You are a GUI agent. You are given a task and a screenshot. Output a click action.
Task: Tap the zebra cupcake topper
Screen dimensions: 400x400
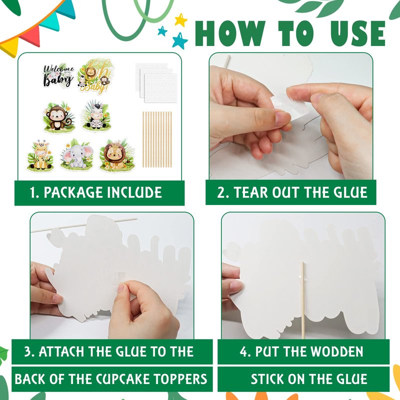pos(96,116)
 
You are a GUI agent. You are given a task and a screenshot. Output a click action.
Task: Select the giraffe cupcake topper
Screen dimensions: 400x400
pos(40,155)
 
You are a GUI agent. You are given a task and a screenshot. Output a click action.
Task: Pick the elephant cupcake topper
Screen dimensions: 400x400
pos(77,155)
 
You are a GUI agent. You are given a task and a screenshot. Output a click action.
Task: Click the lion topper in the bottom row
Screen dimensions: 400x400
pos(117,155)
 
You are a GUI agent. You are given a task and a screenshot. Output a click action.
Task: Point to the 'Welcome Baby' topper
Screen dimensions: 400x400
pos(58,76)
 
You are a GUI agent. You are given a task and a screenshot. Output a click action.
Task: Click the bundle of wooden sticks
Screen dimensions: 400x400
pos(157,139)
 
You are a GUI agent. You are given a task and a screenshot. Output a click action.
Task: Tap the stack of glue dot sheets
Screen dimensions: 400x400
pos(156,82)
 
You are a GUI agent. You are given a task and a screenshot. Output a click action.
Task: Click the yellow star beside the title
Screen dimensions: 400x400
pos(181,20)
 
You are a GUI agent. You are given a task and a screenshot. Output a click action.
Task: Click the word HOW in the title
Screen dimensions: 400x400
pos(231,33)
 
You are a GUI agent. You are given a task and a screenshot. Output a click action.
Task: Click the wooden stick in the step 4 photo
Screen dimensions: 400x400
pos(302,300)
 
